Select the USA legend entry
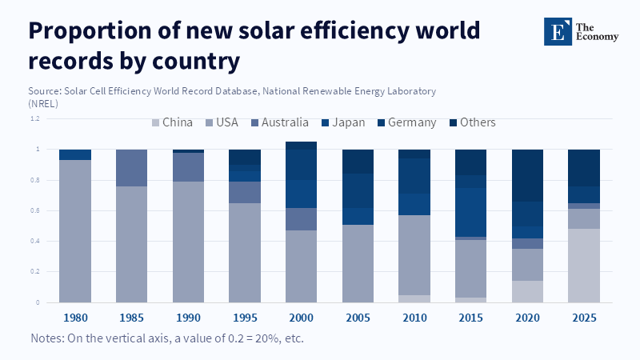coord(220,122)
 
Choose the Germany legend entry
coord(406,122)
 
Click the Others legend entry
coord(472,122)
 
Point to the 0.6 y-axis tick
coord(36,211)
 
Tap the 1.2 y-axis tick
coord(36,119)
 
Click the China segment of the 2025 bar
coord(584,266)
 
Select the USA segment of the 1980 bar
coord(75,231)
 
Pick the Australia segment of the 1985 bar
coord(132,168)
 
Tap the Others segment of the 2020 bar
coord(527,175)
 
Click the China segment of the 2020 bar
coord(527,292)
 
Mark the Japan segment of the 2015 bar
coord(471,212)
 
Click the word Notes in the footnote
coord(48,338)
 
